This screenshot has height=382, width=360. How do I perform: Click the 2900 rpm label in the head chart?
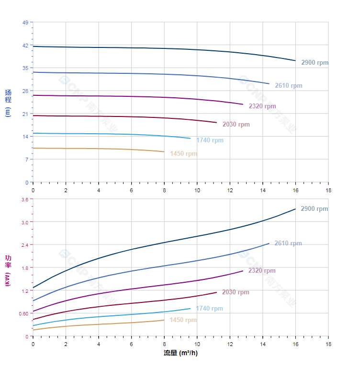pos(315,63)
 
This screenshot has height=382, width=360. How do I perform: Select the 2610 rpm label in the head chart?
pos(288,86)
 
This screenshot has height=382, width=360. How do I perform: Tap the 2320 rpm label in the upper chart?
pos(262,106)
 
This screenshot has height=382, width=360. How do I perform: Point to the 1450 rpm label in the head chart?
pos(183,154)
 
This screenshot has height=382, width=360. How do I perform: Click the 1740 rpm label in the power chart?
pos(209,309)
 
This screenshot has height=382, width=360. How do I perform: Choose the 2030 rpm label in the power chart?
pos(236,292)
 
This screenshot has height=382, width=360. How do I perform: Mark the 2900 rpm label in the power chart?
pos(314,209)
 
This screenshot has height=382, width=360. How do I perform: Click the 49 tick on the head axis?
pos(25,23)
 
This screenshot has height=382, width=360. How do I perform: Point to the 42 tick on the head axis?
pos(25,46)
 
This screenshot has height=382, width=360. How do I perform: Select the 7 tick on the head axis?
pos(27,160)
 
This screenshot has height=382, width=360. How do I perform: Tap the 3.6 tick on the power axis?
pos(24,199)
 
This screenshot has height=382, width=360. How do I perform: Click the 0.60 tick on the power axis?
pos(23,313)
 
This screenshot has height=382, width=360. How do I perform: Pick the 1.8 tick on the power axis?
pos(24,267)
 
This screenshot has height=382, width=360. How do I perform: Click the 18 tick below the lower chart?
pos(328,345)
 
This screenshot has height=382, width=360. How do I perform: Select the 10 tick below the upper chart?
pos(197,190)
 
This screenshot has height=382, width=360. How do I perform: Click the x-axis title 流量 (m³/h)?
pos(180,353)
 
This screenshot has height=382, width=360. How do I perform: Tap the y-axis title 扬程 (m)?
pos(8,103)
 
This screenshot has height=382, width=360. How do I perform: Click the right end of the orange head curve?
pos(164,151)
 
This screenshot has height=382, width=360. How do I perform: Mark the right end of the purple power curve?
pos(243,271)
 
